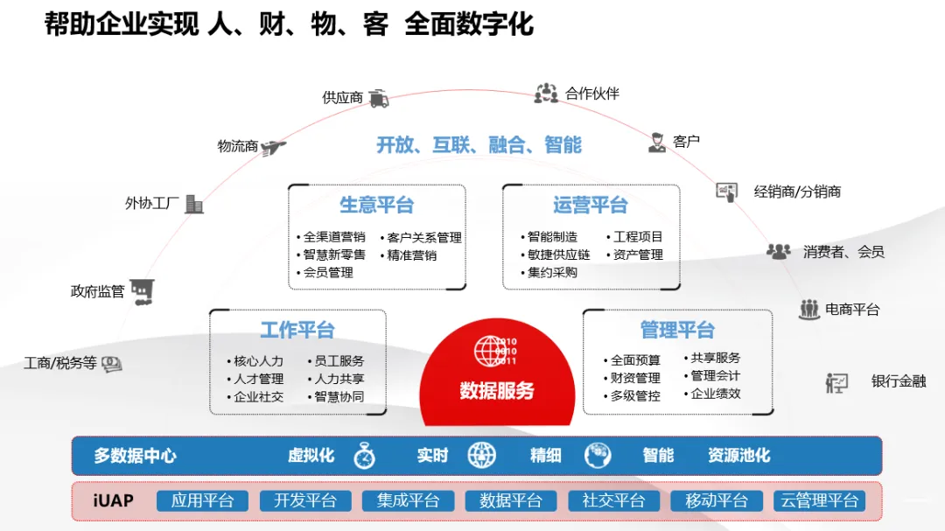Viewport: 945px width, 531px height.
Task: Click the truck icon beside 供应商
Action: pyautogui.click(x=378, y=98)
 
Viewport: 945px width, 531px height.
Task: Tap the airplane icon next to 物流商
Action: pyautogui.click(x=274, y=147)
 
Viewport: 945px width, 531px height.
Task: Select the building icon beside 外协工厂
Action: pyautogui.click(x=193, y=204)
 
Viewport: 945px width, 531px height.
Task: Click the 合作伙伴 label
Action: pyautogui.click(x=592, y=94)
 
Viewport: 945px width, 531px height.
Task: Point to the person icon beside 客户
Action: pyautogui.click(x=657, y=143)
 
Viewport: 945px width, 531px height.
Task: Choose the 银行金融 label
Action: pyautogui.click(x=898, y=381)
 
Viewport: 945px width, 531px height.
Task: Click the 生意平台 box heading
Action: pyautogui.click(x=376, y=206)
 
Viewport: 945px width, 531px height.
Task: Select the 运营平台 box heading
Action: pyautogui.click(x=591, y=206)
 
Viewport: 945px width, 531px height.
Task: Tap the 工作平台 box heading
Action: pyautogui.click(x=297, y=330)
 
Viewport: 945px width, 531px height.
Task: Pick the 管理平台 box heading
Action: pyautogui.click(x=677, y=330)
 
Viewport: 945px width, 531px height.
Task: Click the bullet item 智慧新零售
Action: pyautogui.click(x=334, y=255)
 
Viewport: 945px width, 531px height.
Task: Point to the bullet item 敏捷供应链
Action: pyautogui.click(x=558, y=255)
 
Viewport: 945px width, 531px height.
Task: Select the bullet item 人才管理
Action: pyautogui.click(x=259, y=379)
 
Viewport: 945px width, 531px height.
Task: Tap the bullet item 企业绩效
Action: pyautogui.click(x=716, y=394)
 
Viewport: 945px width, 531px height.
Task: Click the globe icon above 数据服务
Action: pyautogui.click(x=490, y=351)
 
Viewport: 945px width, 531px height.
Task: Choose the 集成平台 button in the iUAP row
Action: pyautogui.click(x=409, y=501)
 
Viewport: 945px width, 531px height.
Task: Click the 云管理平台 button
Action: pyautogui.click(x=819, y=501)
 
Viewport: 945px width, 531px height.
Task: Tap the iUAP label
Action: pyautogui.click(x=113, y=501)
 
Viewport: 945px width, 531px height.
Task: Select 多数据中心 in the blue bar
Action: pyautogui.click(x=136, y=456)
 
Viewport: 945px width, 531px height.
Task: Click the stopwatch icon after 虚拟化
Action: pyautogui.click(x=364, y=456)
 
